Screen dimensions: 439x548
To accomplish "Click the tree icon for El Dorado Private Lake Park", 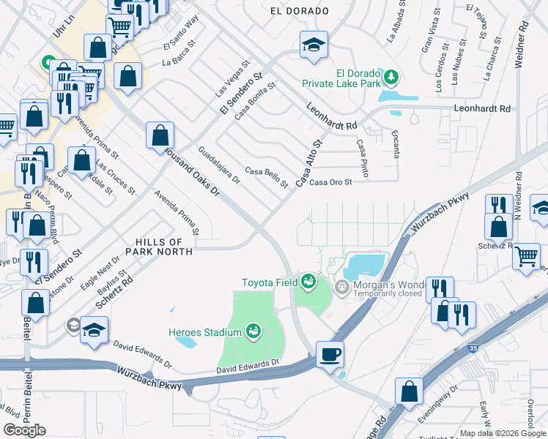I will coord(391,76).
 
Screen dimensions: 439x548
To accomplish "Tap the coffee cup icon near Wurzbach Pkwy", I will coord(330,354).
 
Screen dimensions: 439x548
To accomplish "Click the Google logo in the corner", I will coord(24,429).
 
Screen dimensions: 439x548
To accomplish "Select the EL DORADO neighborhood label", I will coord(299,11).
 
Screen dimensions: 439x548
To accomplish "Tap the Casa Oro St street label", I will coord(331,183).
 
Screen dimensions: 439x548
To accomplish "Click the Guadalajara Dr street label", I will coord(219,166).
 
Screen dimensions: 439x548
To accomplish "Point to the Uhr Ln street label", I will coord(65,30).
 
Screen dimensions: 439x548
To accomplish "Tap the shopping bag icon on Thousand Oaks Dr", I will coord(160,135).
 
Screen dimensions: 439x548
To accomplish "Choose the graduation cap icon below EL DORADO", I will coord(314,45).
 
